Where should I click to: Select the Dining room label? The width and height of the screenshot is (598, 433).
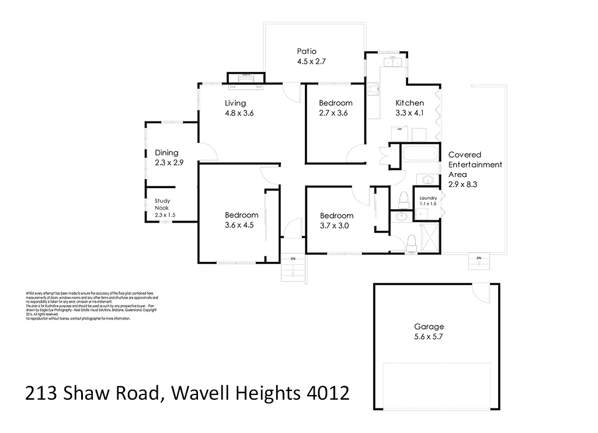166,153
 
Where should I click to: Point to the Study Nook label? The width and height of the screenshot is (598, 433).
162,205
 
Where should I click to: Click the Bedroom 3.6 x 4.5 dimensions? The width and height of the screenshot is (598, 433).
239,225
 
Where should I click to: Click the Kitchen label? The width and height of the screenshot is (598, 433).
410,103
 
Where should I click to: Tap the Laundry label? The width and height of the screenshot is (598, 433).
428,199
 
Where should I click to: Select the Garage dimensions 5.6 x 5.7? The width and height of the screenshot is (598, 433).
429,337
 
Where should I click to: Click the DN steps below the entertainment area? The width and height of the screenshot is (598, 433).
479,261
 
